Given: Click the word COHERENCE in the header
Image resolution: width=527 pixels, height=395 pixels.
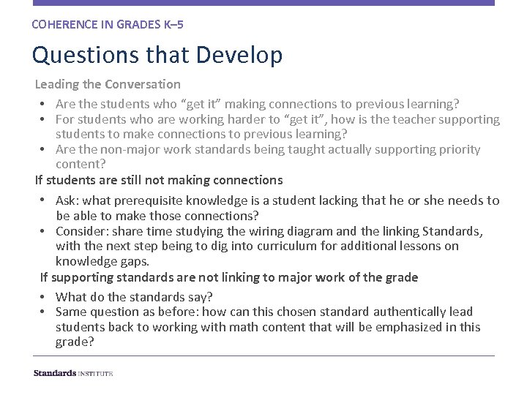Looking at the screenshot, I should [59, 24].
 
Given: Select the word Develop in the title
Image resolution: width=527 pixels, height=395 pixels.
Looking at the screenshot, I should [242, 56].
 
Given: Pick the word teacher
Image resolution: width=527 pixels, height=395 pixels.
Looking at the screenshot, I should [406, 118].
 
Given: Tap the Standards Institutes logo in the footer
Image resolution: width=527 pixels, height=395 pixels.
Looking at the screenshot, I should [73, 373].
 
